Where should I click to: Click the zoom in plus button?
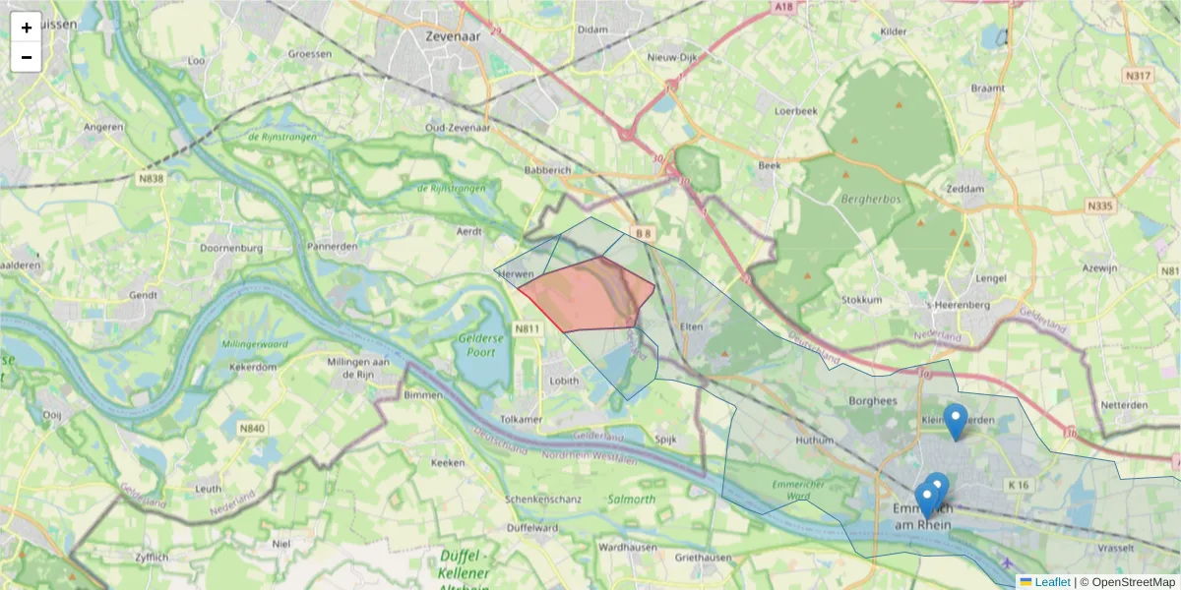[27, 28]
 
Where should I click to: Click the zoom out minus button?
[27, 57]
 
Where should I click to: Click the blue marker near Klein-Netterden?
[955, 421]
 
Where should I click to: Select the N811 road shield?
[528, 328]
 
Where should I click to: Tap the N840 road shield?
[252, 428]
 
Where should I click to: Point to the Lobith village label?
[564, 380]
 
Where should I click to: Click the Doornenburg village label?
[230, 249]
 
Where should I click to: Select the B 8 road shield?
[643, 233]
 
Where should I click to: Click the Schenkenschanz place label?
[539, 500]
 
